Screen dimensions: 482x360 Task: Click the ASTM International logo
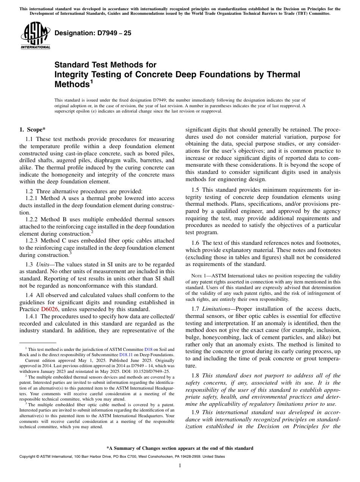(x=35, y=36)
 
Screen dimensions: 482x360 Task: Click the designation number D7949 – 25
(x=93, y=33)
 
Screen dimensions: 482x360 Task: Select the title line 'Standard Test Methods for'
(x=105, y=65)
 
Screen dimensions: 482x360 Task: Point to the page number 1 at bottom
(x=180, y=465)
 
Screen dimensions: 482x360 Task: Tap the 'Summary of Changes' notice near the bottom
(x=180, y=448)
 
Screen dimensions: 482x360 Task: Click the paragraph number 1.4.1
(x=32, y=316)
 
